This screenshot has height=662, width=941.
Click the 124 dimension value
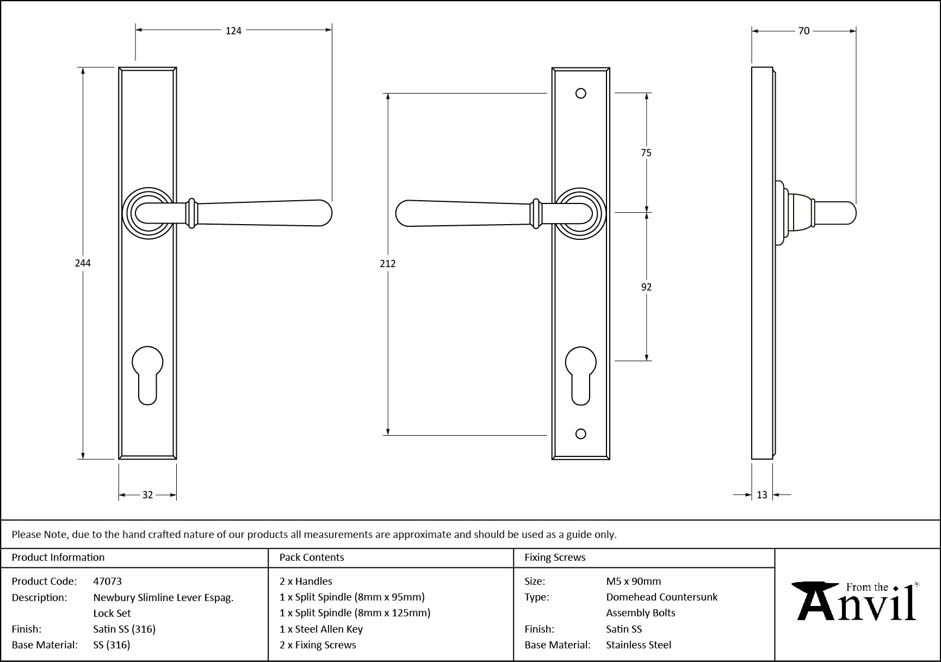tap(233, 31)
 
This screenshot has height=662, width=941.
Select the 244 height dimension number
tap(83, 263)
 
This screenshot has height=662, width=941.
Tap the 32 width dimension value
tap(147, 495)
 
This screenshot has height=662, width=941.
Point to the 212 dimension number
tap(388, 264)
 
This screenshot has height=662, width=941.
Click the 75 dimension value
tap(646, 153)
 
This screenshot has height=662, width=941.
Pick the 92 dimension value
tap(646, 287)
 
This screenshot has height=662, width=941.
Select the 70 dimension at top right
tap(803, 31)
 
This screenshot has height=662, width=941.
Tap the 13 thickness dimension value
tap(762, 495)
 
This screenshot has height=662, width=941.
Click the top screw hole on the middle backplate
tap(580, 94)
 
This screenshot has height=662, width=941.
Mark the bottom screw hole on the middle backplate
tap(580, 434)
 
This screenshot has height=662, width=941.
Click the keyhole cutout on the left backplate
tap(147, 375)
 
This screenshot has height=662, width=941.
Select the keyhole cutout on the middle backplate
tap(580, 375)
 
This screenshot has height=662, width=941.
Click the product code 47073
tap(107, 581)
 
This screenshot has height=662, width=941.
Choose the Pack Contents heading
tap(311, 558)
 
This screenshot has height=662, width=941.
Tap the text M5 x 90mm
tap(633, 581)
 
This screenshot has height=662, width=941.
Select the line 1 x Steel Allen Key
tap(320, 629)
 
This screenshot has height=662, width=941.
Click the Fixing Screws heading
tap(554, 558)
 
